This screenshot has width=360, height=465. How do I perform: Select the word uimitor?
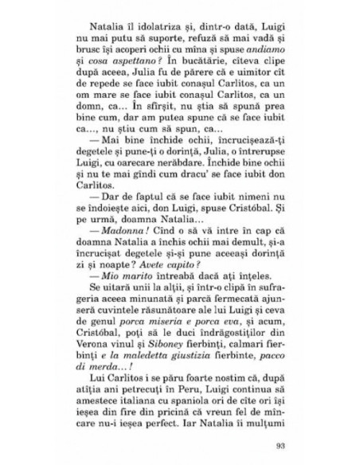click(x=246, y=82)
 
